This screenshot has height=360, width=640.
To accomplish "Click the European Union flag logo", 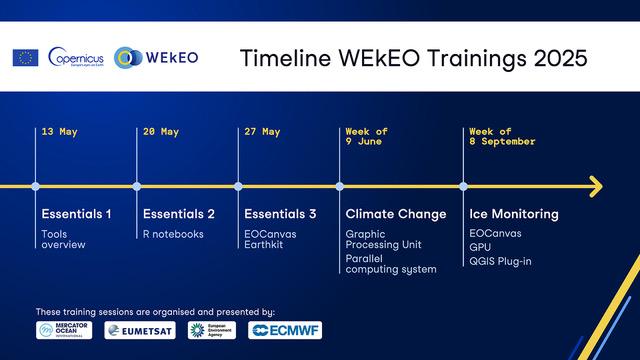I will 25,57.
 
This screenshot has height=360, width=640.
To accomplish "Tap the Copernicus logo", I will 76,57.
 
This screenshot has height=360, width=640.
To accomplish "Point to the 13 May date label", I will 60,132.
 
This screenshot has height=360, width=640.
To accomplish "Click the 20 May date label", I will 161,132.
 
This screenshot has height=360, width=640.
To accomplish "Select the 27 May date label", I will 263,132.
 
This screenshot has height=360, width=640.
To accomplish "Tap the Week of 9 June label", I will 367,137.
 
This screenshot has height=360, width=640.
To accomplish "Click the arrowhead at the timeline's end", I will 595,186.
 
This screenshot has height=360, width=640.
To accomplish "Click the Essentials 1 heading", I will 76,214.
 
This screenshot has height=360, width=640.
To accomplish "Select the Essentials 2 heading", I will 179,214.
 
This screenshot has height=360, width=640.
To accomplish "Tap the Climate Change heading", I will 395,214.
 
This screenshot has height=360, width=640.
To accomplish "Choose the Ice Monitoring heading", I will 513,214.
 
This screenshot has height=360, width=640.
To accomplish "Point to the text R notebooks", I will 173,234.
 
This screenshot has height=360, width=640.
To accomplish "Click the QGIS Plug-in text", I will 502,262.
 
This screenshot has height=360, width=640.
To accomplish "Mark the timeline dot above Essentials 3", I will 238,186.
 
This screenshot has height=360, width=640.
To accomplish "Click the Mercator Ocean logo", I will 64,330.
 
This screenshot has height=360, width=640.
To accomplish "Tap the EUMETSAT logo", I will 140,330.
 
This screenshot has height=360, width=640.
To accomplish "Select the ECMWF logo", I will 285,330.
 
